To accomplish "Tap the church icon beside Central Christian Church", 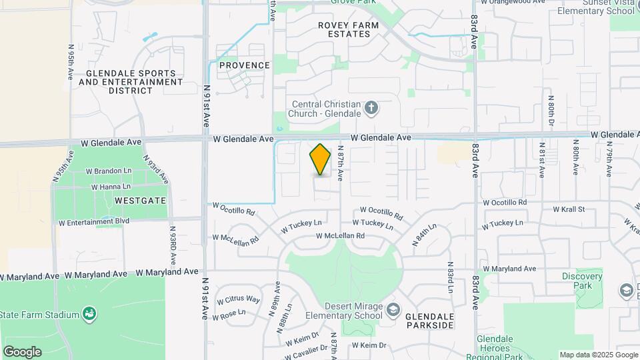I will pyautogui.click(x=372, y=107).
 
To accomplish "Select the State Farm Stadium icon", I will pyautogui.click(x=89, y=314).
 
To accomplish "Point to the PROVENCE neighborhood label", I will pyautogui.click(x=245, y=65).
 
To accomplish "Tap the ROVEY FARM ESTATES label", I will pyautogui.click(x=348, y=29).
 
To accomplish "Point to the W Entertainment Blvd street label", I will pyautogui.click(x=94, y=222).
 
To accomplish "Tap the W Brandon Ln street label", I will pyautogui.click(x=109, y=171).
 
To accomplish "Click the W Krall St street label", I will pyautogui.click(x=569, y=209).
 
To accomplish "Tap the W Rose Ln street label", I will pyautogui.click(x=229, y=313).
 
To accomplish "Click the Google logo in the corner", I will pyautogui.click(x=22, y=352).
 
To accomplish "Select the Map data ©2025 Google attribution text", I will pyautogui.click(x=599, y=355).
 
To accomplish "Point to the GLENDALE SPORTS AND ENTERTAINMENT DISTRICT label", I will pyautogui.click(x=131, y=82).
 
